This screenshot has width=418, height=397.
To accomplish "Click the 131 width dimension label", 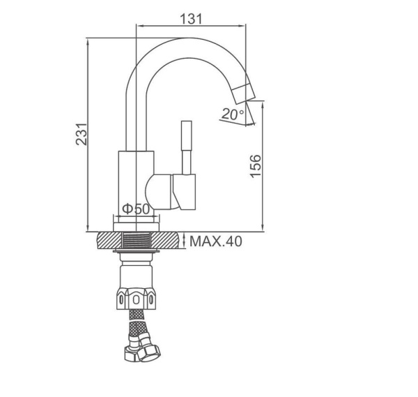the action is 191,19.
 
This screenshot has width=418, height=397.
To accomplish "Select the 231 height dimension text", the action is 82,134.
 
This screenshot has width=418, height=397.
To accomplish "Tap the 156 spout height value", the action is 256,166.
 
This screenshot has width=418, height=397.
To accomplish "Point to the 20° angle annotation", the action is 233,114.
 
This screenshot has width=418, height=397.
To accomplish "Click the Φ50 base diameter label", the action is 137,209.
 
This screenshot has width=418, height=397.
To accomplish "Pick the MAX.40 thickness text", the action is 216,241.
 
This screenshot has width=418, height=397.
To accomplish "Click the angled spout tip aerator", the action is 243,93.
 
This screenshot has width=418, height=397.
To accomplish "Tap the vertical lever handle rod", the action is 186,148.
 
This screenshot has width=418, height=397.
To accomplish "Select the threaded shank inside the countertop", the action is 137,240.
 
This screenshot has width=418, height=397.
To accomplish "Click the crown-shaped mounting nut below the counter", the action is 136,298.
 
